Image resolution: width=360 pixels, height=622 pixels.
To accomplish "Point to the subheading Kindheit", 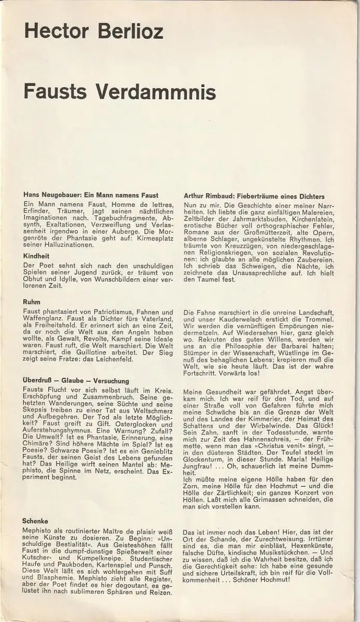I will [37, 256].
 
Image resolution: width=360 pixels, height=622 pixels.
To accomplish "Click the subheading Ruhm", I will [32, 302].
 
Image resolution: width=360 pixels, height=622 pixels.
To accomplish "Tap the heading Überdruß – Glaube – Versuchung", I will [76, 380].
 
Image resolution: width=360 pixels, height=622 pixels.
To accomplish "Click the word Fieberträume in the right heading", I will [257, 196].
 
